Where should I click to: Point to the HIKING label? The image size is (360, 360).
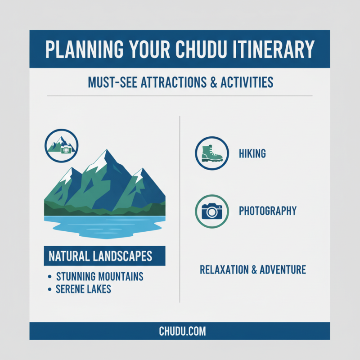pyautogui.click(x=252, y=154)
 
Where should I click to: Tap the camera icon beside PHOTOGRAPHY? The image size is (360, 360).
pyautogui.click(x=212, y=211)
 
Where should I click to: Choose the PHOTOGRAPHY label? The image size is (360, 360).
pyautogui.click(x=267, y=211)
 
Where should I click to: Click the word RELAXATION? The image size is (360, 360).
pyautogui.click(x=222, y=270)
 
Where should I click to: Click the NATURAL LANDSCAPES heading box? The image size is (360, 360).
pyautogui.click(x=104, y=256)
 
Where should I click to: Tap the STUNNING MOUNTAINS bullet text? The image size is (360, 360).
pyautogui.click(x=99, y=276)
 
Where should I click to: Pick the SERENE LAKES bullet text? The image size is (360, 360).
pyautogui.click(x=83, y=289)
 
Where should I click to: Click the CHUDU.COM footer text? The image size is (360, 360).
pyautogui.click(x=182, y=332)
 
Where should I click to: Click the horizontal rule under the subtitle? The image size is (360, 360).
pyautogui.click(x=180, y=96)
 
